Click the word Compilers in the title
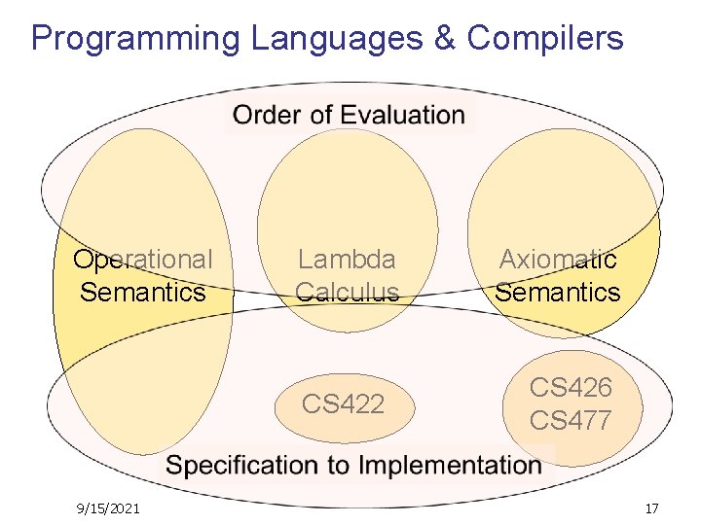pos(544,39)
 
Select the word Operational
pos(143,260)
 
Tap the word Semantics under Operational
pos(143,292)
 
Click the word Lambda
pos(347,260)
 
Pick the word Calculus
pos(347,292)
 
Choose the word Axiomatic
pos(558,260)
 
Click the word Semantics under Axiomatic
pos(558,292)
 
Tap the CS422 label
pos(343,403)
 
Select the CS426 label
pos(571,388)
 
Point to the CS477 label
pos(571,420)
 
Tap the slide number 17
pos(651,507)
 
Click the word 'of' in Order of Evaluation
pos(320,115)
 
